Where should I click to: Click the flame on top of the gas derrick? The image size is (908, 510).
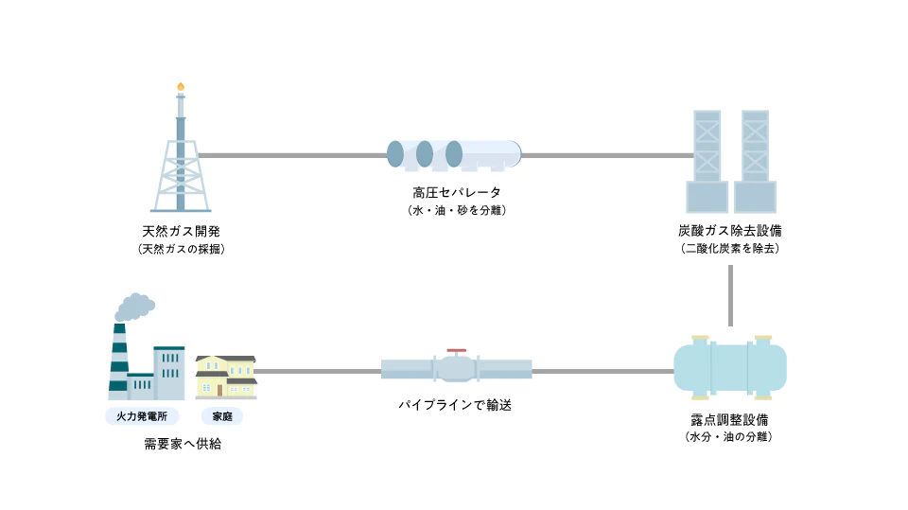pos(181,87)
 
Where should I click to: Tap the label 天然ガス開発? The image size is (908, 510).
pos(181,231)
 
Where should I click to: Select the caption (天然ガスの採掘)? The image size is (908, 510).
pos(181,249)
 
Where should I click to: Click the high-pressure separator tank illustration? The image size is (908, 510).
pos(454,154)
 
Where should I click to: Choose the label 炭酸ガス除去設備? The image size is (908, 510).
pos(730,231)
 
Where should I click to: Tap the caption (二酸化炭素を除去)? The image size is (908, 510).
pos(730,249)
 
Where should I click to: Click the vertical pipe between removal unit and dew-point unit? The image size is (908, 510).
pos(731,295)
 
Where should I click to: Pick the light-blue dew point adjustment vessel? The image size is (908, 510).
pos(729,367)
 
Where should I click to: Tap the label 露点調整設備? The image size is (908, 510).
pos(729,419)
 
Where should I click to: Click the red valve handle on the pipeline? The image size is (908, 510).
pos(456,349)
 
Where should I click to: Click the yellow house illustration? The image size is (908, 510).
pos(226,377)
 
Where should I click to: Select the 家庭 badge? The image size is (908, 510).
pos(223,416)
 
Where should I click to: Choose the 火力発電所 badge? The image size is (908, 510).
pos(142,416)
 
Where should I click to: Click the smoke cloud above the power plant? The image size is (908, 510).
pos(134,307)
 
